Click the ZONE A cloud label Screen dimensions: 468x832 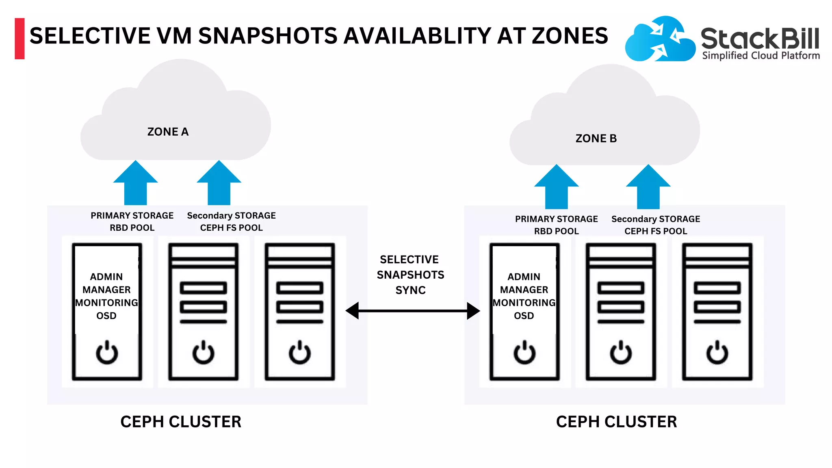(168, 132)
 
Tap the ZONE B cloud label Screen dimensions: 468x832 (596, 139)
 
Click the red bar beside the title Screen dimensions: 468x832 (19, 39)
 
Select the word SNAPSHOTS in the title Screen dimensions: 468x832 (268, 36)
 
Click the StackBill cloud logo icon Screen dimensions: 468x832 (659, 39)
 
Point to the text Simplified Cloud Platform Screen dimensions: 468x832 (761, 56)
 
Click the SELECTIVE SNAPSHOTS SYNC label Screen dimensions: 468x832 (410, 275)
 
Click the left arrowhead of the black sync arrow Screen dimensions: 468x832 (353, 311)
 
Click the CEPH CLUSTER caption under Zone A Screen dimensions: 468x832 (181, 422)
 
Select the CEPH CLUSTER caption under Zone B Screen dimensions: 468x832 (616, 422)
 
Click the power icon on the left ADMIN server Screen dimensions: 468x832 (107, 352)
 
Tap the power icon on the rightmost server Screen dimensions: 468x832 (717, 352)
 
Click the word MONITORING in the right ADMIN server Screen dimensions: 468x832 (524, 303)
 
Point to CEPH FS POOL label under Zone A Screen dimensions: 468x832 (231, 228)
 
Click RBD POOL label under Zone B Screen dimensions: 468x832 (556, 231)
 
